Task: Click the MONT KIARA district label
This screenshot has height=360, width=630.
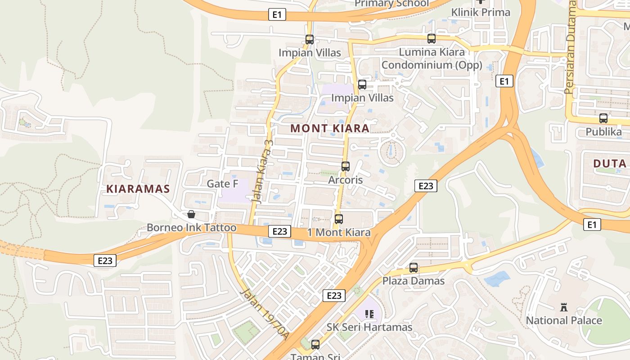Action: tap(330, 128)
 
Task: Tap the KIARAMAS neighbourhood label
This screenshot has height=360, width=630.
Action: tap(138, 189)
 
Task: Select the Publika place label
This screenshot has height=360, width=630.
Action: tap(603, 132)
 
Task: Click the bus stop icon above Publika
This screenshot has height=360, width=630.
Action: tap(603, 119)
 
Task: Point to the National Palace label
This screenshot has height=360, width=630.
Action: tap(564, 320)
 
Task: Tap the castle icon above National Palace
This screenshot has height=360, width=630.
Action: tap(563, 307)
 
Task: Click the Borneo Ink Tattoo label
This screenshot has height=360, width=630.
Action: tap(191, 228)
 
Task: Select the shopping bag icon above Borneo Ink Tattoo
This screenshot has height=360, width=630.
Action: tap(191, 214)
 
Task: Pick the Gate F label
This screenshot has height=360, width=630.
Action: tap(222, 184)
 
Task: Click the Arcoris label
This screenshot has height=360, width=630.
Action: tap(346, 180)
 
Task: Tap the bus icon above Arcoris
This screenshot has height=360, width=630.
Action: tap(346, 166)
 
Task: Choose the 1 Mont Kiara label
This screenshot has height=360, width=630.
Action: tap(339, 232)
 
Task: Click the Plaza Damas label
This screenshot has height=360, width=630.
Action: tap(413, 281)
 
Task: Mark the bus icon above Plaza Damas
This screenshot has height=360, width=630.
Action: tap(413, 268)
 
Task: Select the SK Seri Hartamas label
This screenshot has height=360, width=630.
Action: tap(369, 327)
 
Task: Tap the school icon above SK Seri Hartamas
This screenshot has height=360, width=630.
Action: tap(369, 314)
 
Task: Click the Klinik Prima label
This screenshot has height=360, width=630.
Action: tap(481, 12)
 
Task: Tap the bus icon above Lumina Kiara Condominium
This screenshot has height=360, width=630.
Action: tap(431, 39)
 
